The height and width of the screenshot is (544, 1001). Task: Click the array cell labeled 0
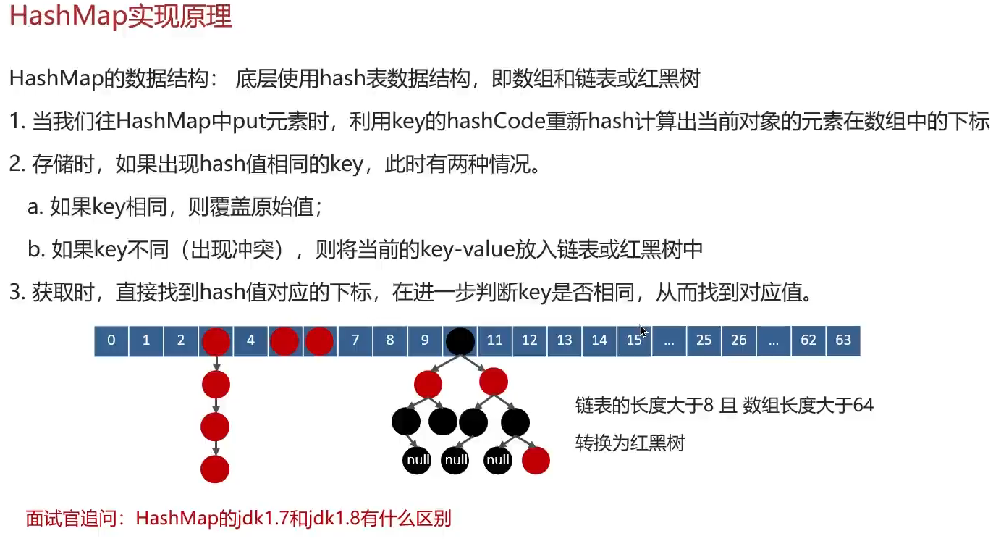pyautogui.click(x=111, y=340)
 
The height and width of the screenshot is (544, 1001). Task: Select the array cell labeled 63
pyautogui.click(x=843, y=340)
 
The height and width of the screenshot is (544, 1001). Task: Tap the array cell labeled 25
pyautogui.click(x=704, y=340)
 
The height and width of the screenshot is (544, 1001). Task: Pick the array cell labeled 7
pyautogui.click(x=355, y=340)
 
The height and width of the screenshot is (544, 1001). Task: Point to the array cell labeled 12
pyautogui.click(x=529, y=340)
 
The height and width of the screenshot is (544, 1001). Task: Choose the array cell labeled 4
pyautogui.click(x=250, y=340)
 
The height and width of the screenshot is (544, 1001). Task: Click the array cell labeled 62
pyautogui.click(x=808, y=340)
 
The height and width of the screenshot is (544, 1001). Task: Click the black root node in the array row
pyautogui.click(x=460, y=341)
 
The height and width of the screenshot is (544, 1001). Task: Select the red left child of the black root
pyautogui.click(x=428, y=383)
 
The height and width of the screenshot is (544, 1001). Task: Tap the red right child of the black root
pyautogui.click(x=494, y=382)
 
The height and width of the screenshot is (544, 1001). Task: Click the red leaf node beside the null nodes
pyautogui.click(x=536, y=460)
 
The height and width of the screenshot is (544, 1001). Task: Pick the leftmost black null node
pyautogui.click(x=417, y=460)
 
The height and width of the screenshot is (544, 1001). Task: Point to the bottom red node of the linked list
pyautogui.click(x=215, y=469)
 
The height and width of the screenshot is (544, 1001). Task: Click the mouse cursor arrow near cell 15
pyautogui.click(x=643, y=331)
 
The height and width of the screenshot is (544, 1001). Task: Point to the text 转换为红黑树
pyautogui.click(x=630, y=442)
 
